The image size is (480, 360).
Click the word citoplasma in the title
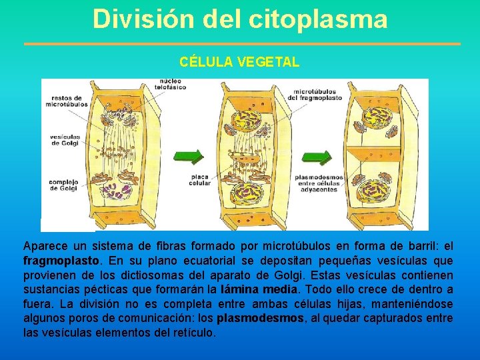(x=318, y=19)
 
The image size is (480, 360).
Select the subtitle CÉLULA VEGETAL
(x=239, y=62)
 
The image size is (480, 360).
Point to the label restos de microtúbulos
(x=67, y=101)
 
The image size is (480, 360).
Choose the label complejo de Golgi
(x=63, y=185)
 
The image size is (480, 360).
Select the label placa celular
(x=200, y=180)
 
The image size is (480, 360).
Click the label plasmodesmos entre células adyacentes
(x=320, y=183)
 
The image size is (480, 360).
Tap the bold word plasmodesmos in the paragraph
(x=260, y=319)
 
